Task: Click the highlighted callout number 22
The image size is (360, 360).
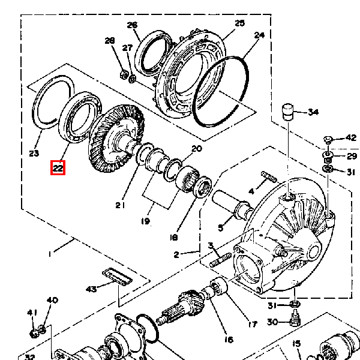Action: [58, 168]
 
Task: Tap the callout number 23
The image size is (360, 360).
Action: [34, 153]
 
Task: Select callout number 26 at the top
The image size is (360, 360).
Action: [132, 25]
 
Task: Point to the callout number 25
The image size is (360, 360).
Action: [239, 23]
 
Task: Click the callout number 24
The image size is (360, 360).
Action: [259, 35]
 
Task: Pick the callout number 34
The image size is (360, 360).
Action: [313, 112]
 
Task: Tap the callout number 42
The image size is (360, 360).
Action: [351, 138]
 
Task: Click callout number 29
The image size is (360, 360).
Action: [352, 156]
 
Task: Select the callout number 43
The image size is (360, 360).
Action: [91, 289]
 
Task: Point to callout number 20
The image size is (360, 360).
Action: [197, 149]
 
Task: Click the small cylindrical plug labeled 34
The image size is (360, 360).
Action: [287, 112]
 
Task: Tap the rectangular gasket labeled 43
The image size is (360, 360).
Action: [118, 277]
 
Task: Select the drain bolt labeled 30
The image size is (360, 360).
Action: [295, 318]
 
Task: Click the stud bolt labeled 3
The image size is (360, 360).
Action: [220, 260]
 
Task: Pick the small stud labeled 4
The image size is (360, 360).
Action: [269, 177]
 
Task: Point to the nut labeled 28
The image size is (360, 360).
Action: [124, 74]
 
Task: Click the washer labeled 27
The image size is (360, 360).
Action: [132, 79]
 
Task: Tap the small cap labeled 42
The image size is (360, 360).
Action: [328, 140]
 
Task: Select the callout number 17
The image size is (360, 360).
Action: [253, 324]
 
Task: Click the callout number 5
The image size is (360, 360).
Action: [220, 228]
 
